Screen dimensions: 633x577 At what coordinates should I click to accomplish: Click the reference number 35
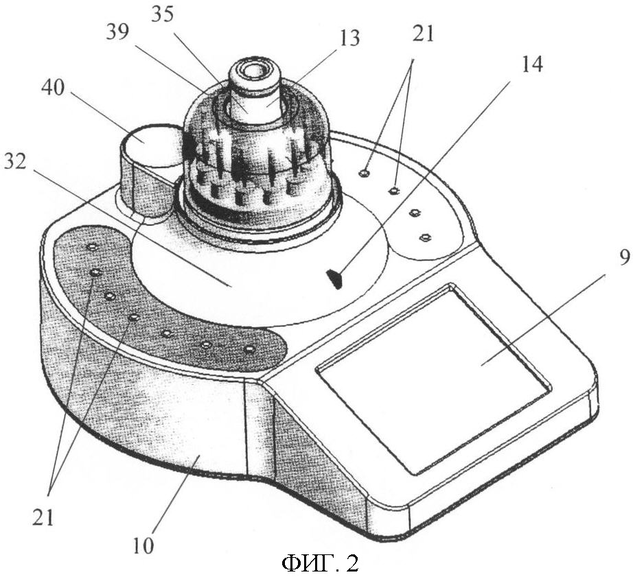(x=162, y=15)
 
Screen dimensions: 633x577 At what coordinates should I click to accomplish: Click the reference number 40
(x=52, y=88)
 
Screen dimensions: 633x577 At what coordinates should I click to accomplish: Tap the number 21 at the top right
(x=423, y=33)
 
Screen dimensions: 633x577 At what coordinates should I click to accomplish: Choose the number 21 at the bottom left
(x=43, y=517)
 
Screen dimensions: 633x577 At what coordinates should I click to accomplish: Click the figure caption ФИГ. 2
(x=320, y=563)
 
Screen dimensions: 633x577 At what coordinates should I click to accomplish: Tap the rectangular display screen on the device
(x=434, y=379)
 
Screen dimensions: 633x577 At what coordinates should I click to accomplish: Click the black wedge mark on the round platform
(x=335, y=279)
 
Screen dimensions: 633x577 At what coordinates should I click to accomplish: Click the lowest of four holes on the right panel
(x=424, y=237)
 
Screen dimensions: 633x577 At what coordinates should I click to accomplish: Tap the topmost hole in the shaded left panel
(x=93, y=246)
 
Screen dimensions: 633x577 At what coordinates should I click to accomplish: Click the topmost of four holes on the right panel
(x=364, y=173)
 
